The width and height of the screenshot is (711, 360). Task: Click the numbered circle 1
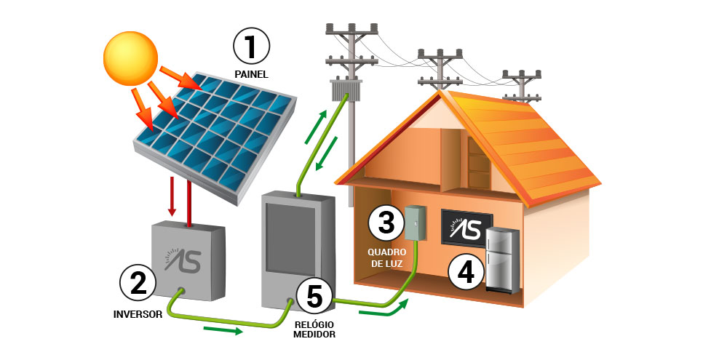(x=251, y=46)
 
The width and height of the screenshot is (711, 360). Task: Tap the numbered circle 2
(x=138, y=283)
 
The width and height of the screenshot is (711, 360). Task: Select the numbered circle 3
(x=386, y=223)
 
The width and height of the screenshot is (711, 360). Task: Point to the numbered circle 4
(x=466, y=271)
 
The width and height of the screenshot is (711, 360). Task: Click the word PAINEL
(x=251, y=74)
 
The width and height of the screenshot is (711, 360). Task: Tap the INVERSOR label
(x=138, y=315)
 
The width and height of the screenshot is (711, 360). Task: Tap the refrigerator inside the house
(x=502, y=260)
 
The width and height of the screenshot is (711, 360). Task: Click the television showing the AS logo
(x=466, y=228)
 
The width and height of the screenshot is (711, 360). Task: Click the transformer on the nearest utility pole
(x=346, y=90)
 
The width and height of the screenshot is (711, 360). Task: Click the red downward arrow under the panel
(x=172, y=196)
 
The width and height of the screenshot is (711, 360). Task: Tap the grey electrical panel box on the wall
(x=415, y=223)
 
